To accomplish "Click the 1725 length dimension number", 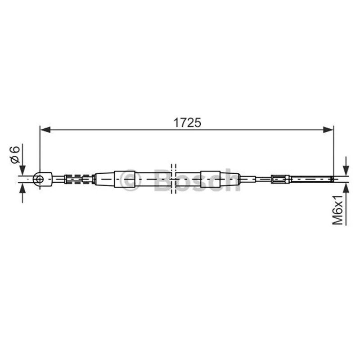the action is pos(187,122).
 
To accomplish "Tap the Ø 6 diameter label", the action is pos(14,155).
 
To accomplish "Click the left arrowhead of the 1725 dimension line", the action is pos(45,130).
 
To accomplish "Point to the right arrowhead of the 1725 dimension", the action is pos(328,130).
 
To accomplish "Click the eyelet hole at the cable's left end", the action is pos(40,179).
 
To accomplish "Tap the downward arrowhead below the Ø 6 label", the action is pos(22,171).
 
